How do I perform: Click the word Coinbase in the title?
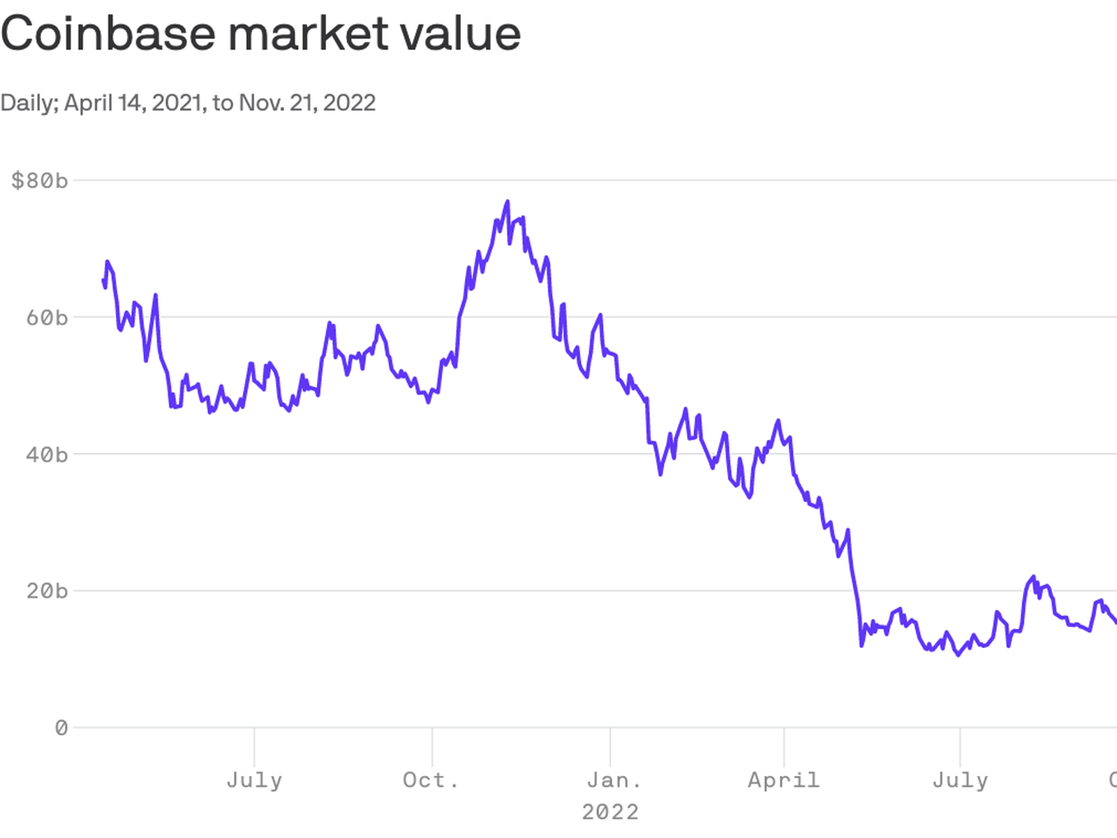point(108,33)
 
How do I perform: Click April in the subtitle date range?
point(89,103)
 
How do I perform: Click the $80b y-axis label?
point(40,181)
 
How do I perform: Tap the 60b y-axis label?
point(47,318)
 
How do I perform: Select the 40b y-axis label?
point(47,455)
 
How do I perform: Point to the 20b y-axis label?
point(47,591)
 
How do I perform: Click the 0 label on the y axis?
point(61,728)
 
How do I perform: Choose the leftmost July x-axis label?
point(254,779)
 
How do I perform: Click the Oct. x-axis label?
point(431,779)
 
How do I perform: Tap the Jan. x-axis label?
point(614,779)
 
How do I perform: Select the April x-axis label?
point(784,779)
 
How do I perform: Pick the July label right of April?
point(960,779)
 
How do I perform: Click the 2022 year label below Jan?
point(610,811)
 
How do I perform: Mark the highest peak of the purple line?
point(508,202)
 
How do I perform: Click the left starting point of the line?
point(103,280)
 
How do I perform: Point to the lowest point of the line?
point(958,655)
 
